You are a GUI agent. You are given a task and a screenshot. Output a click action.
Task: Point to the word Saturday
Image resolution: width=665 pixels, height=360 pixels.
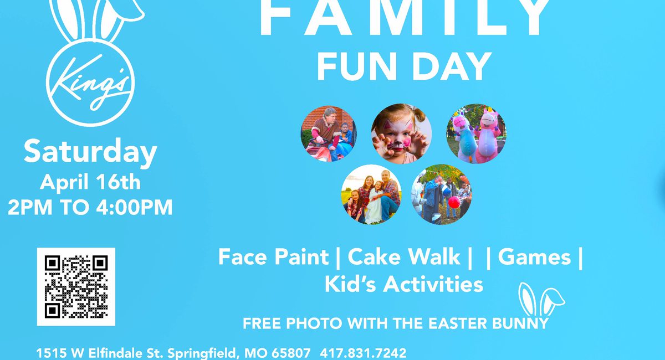point(90,153)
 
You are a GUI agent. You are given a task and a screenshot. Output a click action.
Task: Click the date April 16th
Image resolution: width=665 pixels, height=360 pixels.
point(90,182)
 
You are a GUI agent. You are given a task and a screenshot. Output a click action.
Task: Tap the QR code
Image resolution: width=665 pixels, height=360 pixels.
point(76,286)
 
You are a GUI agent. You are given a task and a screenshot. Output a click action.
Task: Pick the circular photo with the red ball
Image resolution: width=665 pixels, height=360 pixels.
point(442,194)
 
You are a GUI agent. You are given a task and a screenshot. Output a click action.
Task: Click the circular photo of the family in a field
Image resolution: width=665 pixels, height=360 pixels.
point(371,194)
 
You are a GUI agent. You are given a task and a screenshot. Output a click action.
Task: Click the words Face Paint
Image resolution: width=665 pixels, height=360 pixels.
point(273,257)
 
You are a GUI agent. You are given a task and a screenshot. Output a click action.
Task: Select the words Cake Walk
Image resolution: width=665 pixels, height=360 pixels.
point(404,257)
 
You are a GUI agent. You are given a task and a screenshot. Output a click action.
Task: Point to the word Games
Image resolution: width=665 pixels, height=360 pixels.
point(534,257)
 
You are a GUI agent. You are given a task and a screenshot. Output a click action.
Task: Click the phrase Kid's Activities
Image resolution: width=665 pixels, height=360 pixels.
point(403,284)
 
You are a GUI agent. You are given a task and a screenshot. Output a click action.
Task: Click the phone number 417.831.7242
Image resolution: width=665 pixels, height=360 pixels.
point(363,353)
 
